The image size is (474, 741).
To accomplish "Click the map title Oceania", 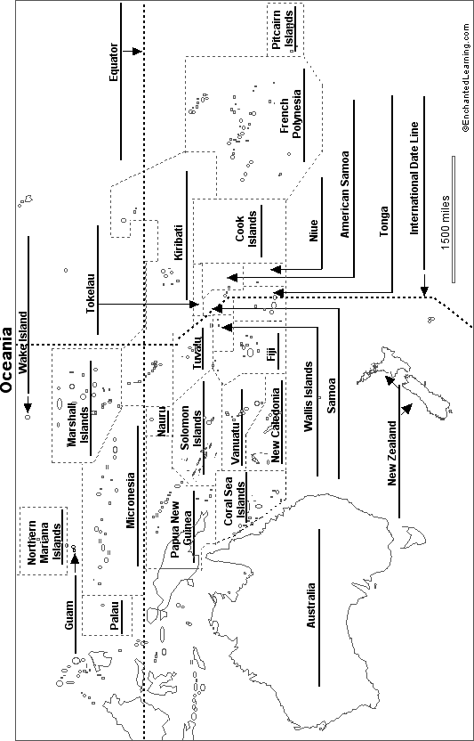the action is [6, 360].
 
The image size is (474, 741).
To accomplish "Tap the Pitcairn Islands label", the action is [282, 28].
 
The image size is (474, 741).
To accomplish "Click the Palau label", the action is [114, 615].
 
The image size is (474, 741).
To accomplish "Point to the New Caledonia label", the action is [276, 422].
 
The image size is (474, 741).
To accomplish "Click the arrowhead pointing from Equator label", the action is [137, 51].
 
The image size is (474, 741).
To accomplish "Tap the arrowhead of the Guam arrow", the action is [75, 559].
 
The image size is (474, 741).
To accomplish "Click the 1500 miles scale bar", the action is [454, 219].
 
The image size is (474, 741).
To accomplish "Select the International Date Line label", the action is [414, 178].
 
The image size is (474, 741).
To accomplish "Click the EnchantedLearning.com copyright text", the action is [466, 66].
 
